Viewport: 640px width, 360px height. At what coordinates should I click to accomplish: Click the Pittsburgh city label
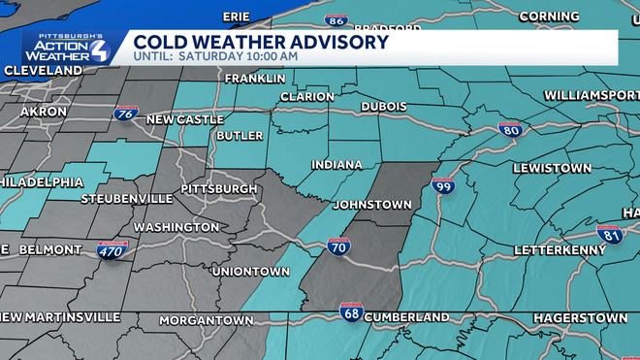[x=219, y=188]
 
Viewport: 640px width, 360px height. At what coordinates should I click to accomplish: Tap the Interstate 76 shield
[x=125, y=115]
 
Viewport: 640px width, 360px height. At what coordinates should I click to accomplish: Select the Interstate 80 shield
[x=510, y=130]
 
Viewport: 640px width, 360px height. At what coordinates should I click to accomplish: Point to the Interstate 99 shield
[x=443, y=185]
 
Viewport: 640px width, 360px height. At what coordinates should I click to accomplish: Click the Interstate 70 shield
[x=338, y=246]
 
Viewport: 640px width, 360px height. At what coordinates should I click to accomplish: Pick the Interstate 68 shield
[x=351, y=312]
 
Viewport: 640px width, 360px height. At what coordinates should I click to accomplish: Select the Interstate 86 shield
[x=336, y=19]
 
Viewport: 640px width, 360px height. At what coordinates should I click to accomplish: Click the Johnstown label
[x=372, y=205]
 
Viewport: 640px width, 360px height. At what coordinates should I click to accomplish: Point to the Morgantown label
[x=205, y=319]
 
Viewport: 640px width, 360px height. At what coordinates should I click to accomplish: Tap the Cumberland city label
[x=407, y=317]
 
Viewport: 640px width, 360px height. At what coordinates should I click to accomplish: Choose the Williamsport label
[x=592, y=95]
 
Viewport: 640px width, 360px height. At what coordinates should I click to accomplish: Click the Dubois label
[x=383, y=106]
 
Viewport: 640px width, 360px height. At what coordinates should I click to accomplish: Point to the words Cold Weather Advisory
[x=261, y=42]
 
